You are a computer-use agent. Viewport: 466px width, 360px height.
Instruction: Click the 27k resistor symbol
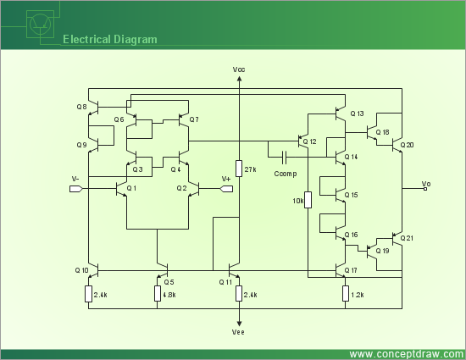click(x=239, y=169)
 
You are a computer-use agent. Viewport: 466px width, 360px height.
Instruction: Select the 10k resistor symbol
click(x=308, y=200)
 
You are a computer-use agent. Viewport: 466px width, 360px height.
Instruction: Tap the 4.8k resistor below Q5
click(x=158, y=293)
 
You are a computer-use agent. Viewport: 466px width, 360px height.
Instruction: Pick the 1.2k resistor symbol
click(x=346, y=293)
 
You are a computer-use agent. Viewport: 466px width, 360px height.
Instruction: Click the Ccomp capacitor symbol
click(x=284, y=157)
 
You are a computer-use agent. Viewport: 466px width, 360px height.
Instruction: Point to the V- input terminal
click(x=75, y=189)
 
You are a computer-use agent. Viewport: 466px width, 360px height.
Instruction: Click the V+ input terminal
click(x=226, y=189)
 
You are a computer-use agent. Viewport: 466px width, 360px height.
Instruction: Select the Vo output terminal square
click(x=425, y=189)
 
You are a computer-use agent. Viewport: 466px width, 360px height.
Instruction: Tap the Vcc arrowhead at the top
click(x=239, y=79)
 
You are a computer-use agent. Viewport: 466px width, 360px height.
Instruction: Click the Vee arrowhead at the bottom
click(x=239, y=324)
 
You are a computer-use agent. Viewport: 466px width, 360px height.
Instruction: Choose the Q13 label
click(x=357, y=114)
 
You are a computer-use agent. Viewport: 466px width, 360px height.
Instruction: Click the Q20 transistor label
click(x=407, y=145)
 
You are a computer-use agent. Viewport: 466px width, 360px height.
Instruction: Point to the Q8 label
click(x=81, y=107)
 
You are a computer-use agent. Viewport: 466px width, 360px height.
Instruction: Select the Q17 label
click(x=351, y=270)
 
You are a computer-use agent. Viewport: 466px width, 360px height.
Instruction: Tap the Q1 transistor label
click(x=131, y=188)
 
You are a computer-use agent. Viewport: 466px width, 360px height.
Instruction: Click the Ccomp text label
click(x=286, y=174)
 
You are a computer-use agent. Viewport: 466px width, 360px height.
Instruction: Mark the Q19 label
click(x=382, y=251)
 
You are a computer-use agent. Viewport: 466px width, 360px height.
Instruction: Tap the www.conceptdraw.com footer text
click(x=407, y=354)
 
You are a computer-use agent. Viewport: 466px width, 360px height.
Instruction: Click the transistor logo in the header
click(x=41, y=25)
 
